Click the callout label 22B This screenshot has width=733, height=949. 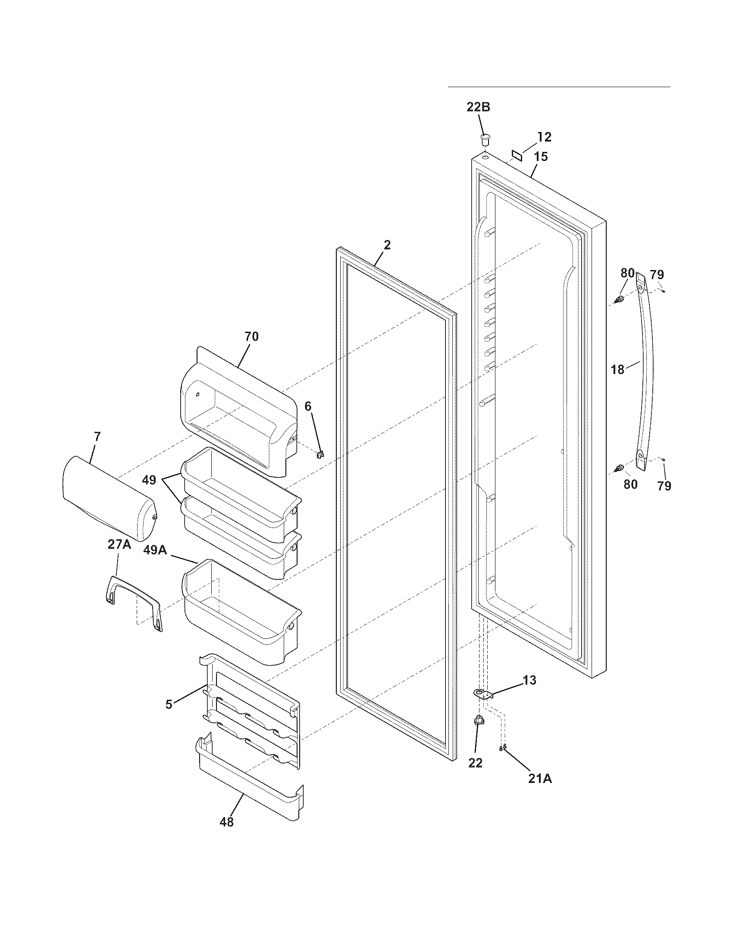(478, 107)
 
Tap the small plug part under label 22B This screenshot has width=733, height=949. (485, 140)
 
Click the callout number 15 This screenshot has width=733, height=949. (541, 157)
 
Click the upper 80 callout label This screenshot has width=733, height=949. (627, 273)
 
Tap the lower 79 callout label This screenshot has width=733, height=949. (664, 485)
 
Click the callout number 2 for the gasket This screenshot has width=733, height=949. (387, 245)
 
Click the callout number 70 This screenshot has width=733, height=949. (251, 336)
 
